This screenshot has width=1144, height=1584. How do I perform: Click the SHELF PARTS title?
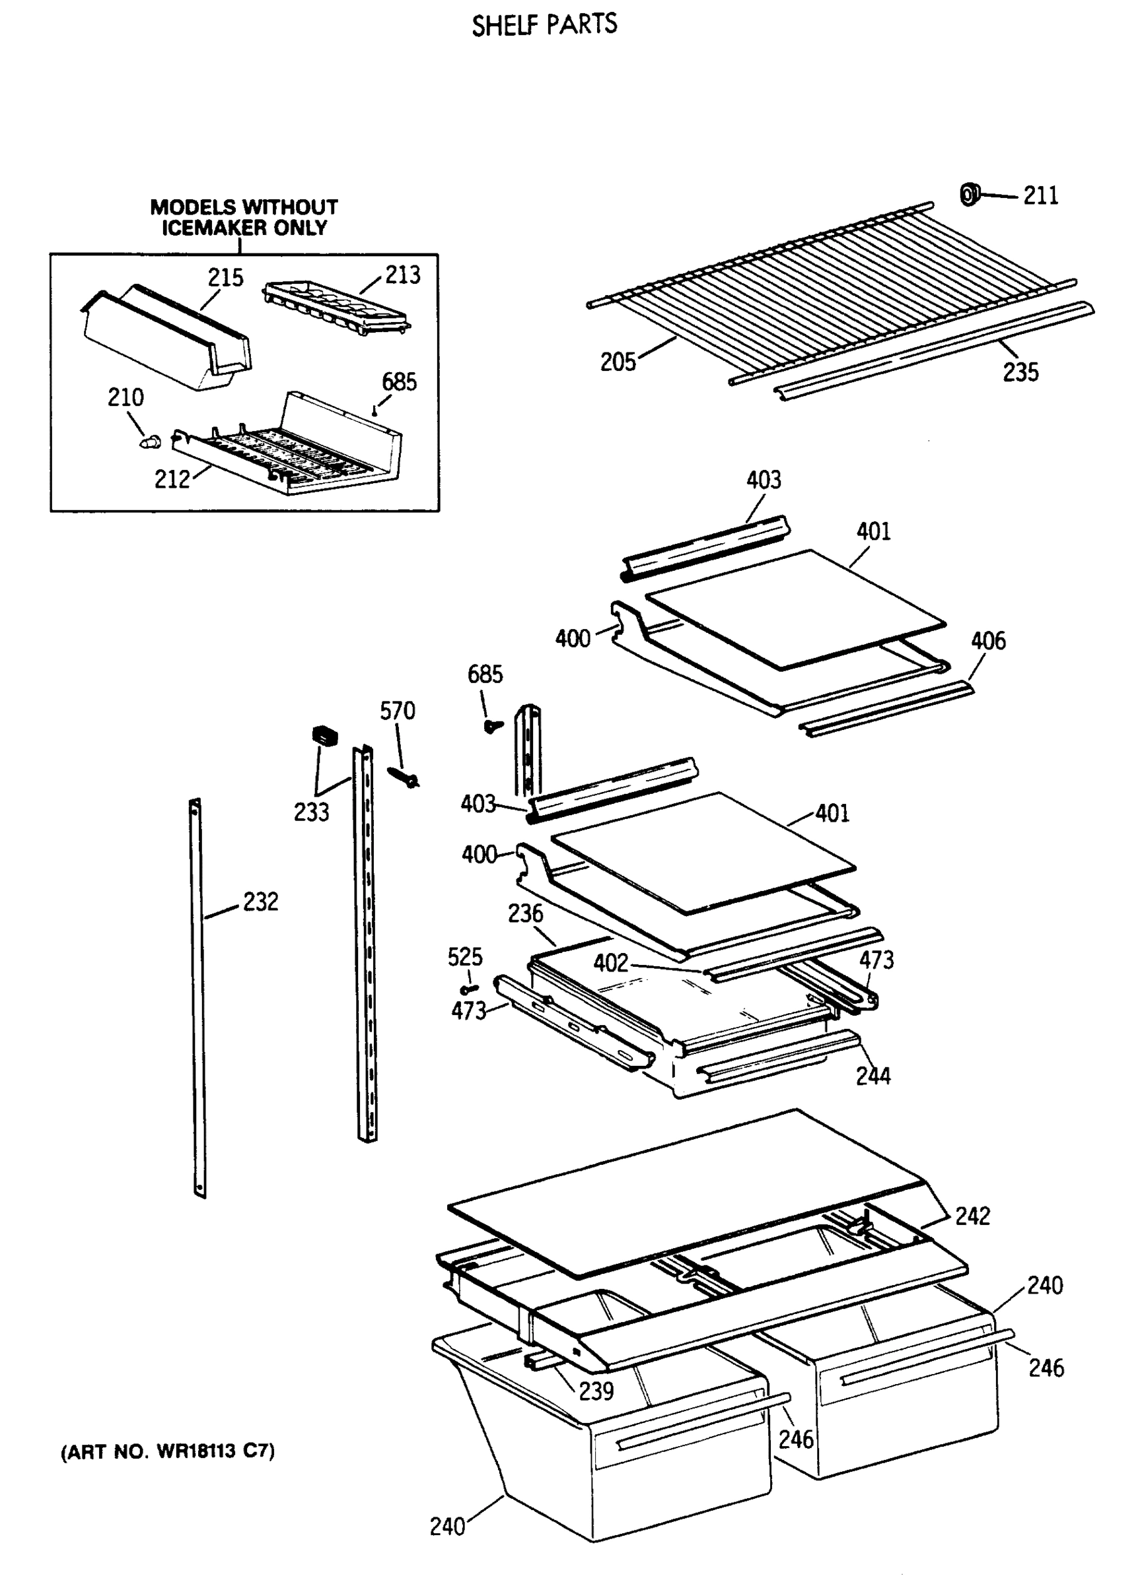[544, 25]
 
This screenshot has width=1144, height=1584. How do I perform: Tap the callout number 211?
[1040, 196]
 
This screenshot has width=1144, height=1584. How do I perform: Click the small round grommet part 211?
[968, 195]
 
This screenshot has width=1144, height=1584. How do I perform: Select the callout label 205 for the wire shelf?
[618, 362]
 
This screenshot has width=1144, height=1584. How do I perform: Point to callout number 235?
[1020, 372]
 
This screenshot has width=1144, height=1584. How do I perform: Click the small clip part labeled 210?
[150, 442]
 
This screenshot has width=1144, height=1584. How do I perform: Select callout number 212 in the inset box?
[172, 480]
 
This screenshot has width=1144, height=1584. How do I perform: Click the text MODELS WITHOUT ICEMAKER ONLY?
[244, 217]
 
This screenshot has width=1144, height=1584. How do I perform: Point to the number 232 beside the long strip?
[261, 902]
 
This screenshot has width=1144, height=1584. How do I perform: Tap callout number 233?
[311, 812]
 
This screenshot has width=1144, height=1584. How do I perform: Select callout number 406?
[987, 641]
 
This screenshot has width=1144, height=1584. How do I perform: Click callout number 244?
[873, 1076]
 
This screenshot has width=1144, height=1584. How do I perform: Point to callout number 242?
[972, 1216]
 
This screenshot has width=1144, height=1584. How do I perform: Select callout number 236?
[525, 913]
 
